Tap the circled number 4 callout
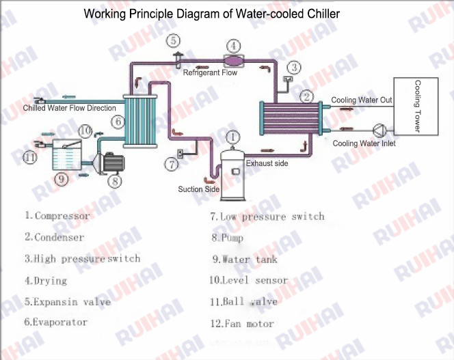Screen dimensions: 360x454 click(233, 46)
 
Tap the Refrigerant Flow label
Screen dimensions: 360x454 click(210, 72)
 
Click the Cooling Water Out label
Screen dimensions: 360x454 click(362, 100)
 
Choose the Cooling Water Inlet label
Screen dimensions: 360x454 click(364, 143)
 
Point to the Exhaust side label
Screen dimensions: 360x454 click(267, 163)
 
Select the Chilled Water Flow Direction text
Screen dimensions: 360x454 click(70, 108)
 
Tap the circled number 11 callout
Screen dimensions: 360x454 click(29, 158)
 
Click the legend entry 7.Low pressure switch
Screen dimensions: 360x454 click(267, 217)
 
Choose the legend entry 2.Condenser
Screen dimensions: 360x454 click(55, 237)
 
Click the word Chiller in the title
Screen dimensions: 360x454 click(321, 13)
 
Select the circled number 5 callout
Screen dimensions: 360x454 click(174, 39)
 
